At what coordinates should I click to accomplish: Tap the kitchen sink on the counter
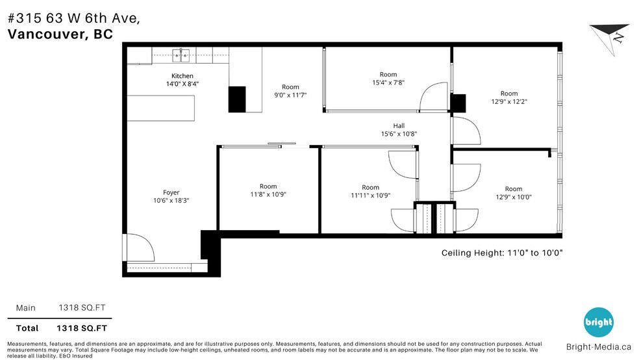(181, 55)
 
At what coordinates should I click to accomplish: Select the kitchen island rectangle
(160, 107)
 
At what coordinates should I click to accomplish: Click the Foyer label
(171, 192)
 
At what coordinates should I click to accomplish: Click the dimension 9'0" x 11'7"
(290, 95)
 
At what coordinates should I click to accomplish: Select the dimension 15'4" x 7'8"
(388, 83)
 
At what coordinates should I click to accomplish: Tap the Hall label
(399, 125)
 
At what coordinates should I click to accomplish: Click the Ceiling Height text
(501, 253)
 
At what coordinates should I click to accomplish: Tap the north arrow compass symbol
(610, 37)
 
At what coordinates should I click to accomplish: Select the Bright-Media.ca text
(599, 347)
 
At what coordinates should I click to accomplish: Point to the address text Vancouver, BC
(60, 34)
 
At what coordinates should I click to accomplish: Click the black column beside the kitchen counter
(237, 99)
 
